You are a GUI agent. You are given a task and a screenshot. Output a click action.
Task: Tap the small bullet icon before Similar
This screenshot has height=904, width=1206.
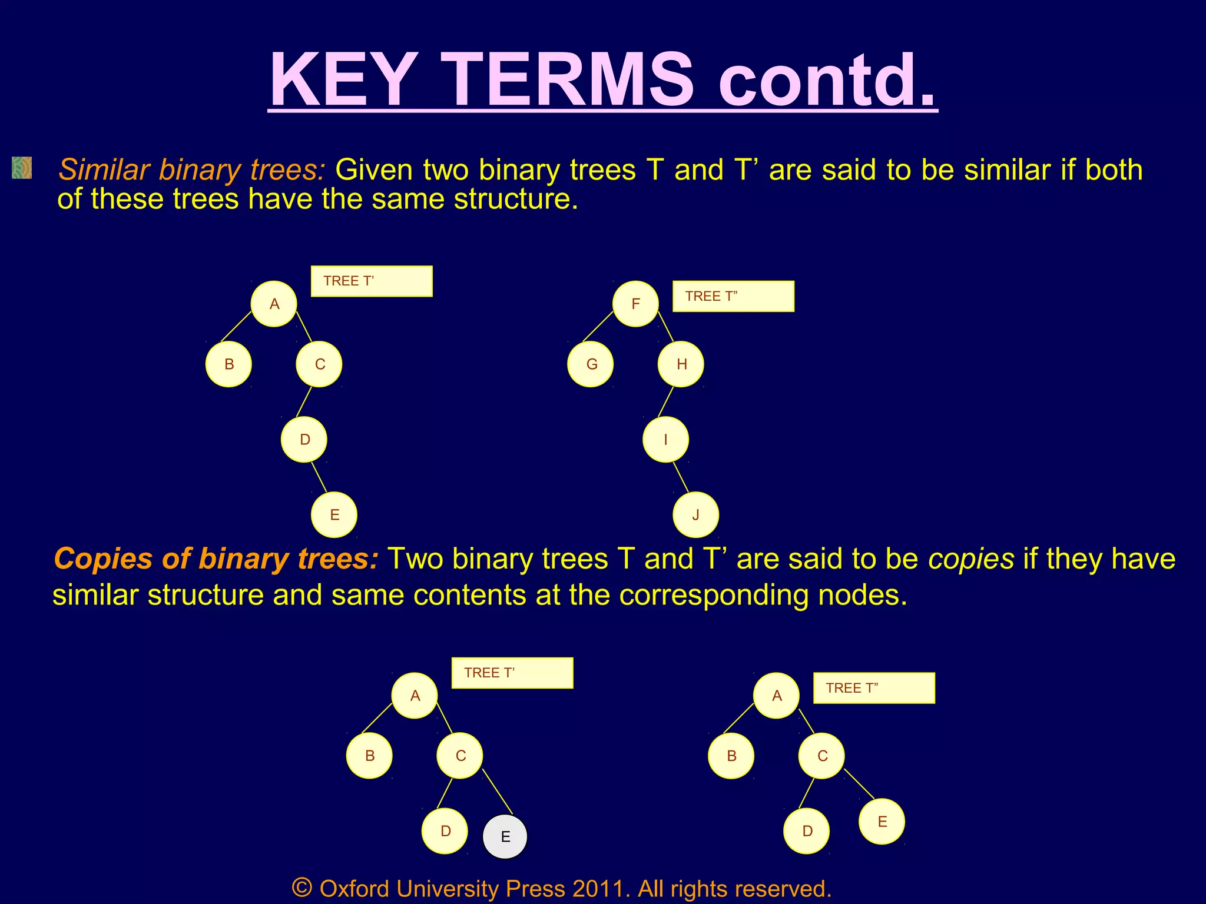coord(22,168)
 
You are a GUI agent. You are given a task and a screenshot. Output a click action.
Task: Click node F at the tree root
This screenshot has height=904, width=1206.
coord(635,304)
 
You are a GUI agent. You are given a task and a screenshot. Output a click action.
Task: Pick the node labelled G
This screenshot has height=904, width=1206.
coord(591,364)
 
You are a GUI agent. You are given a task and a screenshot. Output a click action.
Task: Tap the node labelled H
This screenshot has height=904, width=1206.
coord(681,364)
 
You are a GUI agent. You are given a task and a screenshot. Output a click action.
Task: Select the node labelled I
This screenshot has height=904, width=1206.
coord(665,440)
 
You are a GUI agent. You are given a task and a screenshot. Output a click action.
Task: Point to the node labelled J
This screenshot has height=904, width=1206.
coord(695,515)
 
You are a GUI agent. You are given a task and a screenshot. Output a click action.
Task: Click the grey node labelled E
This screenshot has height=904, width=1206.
coord(505,836)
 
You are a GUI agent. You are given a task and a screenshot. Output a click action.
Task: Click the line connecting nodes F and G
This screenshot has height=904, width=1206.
coord(598,327)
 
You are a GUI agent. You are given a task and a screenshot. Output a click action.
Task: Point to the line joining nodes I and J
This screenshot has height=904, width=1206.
coord(681,477)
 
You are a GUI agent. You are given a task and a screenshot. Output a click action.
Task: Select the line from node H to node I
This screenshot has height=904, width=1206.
coord(665,401)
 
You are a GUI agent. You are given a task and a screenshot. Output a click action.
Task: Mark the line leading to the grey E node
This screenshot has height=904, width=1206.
coord(498,792)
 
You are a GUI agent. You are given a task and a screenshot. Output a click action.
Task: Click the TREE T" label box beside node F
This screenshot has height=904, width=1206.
coord(733,296)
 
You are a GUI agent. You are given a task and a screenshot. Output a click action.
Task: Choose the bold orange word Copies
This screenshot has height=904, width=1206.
coord(104,559)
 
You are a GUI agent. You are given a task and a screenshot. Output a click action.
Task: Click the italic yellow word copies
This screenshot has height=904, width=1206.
coord(971,559)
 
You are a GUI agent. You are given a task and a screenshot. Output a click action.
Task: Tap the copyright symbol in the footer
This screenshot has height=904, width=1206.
coord(301,888)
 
